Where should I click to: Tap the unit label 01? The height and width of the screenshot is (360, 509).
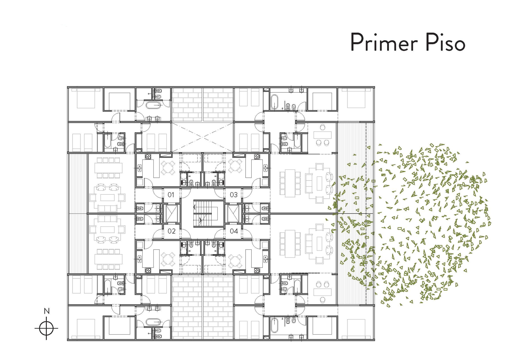171,195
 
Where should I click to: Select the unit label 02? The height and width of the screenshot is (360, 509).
172,231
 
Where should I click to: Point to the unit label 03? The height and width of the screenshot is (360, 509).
234,195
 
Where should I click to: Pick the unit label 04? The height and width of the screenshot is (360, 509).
234,231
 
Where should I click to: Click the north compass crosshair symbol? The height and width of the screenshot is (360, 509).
46,328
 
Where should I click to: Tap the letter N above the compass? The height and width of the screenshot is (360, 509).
47,311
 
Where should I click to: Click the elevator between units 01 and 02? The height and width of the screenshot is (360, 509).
171,213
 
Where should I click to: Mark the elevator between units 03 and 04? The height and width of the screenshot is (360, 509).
233,213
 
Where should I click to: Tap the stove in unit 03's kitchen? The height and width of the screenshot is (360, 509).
256,157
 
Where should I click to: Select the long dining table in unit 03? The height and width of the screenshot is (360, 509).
290,183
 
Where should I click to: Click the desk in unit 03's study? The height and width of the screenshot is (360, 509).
322,135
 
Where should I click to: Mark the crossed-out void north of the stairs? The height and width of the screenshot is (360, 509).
203,137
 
